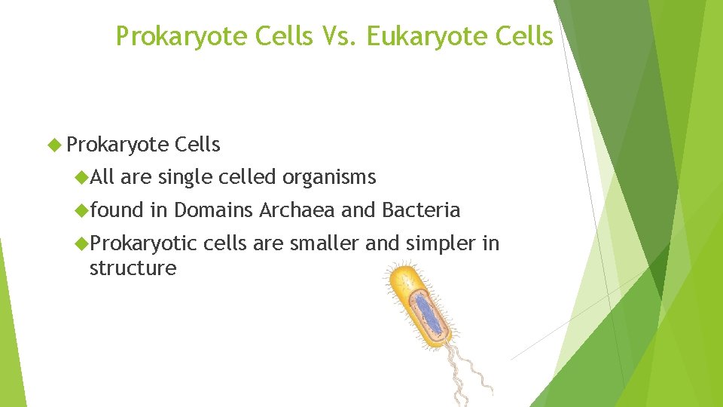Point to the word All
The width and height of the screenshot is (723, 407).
click(x=102, y=177)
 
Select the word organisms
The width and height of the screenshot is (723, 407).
click(x=328, y=177)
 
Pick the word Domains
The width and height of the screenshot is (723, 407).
click(x=214, y=210)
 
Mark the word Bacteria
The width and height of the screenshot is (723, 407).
click(x=420, y=210)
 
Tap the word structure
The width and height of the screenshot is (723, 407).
click(x=133, y=268)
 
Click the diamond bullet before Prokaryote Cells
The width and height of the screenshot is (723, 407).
click(x=53, y=145)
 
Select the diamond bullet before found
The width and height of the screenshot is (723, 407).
click(x=81, y=210)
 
